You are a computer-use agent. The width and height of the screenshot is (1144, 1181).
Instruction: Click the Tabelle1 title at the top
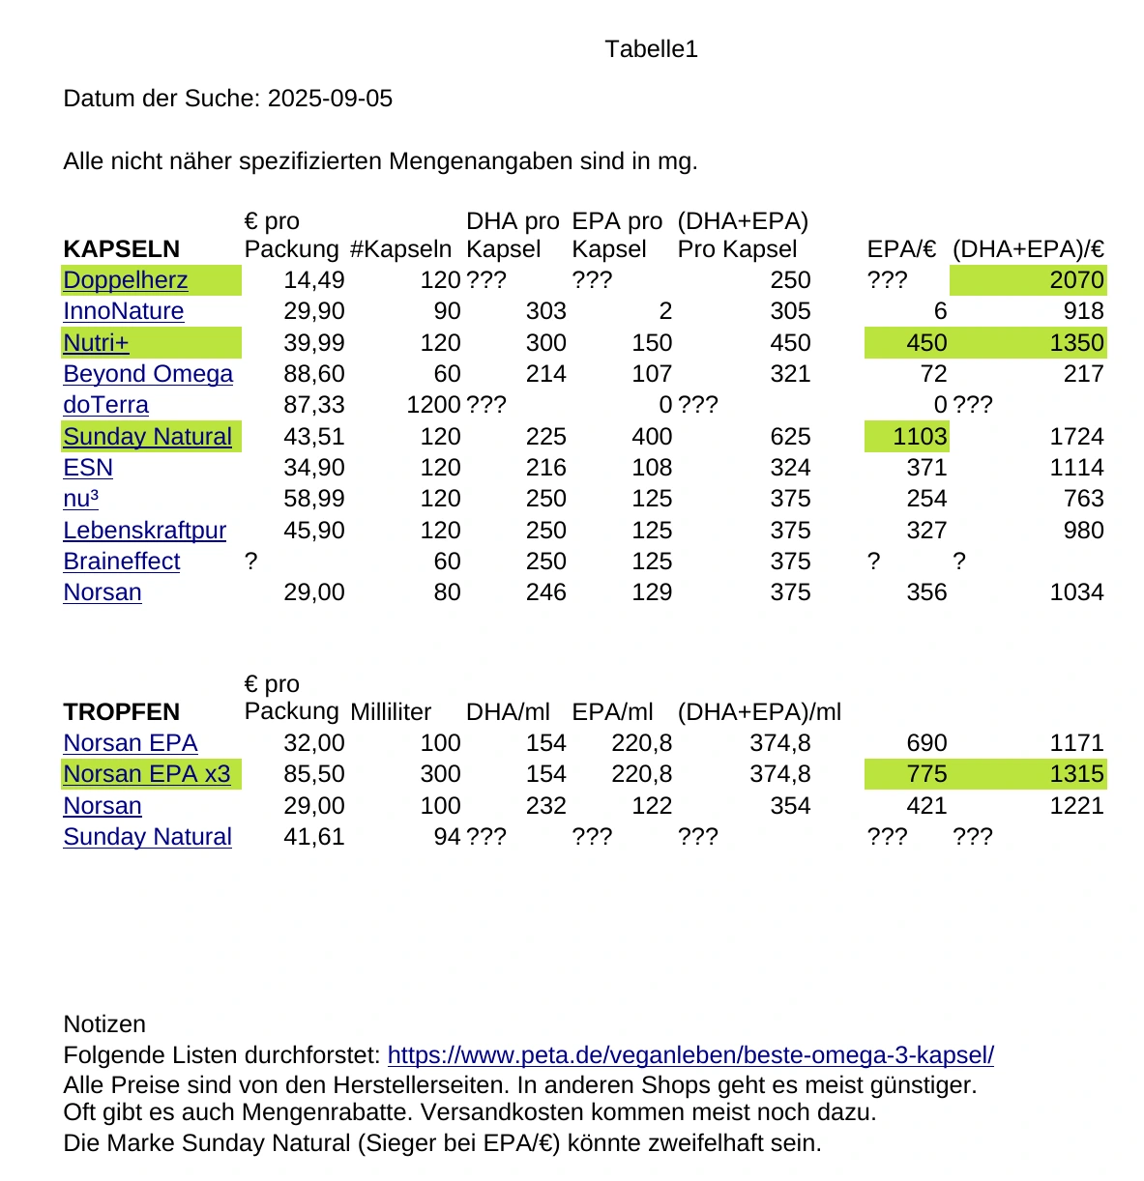651,49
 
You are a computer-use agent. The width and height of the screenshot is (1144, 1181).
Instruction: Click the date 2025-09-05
330,99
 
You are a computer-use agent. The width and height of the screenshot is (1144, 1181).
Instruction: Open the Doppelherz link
126,280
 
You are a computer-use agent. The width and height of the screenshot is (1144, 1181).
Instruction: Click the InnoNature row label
123,311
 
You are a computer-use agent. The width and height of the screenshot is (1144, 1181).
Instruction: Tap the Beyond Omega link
148,374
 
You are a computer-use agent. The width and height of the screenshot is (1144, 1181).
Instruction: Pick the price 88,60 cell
313,374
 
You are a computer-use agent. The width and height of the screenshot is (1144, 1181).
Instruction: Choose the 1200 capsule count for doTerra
433,405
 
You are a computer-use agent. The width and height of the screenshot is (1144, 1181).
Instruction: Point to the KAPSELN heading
122,249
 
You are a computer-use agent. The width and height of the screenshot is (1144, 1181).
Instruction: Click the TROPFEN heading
122,712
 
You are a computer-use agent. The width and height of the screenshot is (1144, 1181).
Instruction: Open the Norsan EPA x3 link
147,774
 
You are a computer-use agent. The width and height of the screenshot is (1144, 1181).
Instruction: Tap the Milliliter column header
391,712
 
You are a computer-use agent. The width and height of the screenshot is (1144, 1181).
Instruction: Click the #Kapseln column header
400,249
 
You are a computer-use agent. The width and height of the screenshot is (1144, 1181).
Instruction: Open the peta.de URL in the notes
690,1055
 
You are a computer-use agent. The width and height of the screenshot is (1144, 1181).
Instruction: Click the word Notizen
104,1024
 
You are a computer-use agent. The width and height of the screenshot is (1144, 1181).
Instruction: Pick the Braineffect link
122,562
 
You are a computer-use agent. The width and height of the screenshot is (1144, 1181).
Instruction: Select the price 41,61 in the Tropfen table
313,837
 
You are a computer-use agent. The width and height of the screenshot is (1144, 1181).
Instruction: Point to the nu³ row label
81,499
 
